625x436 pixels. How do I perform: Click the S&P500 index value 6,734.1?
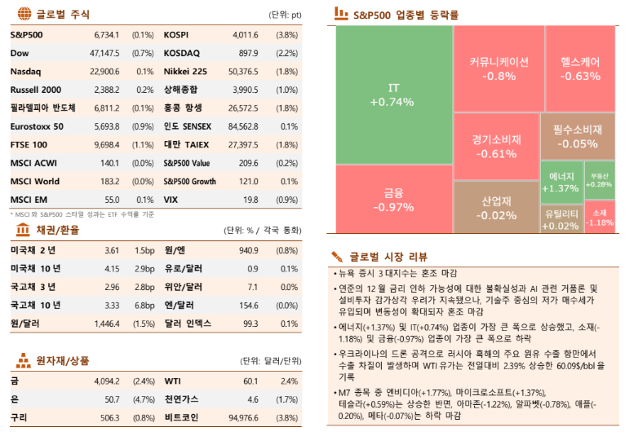pyautogui.click(x=106, y=35)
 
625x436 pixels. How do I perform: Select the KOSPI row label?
pyautogui.click(x=176, y=35)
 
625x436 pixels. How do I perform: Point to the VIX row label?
pyautogui.click(x=171, y=198)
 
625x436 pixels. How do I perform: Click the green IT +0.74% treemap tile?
pyautogui.click(x=392, y=95)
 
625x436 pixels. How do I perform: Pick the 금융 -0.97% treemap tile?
pyautogui.click(x=392, y=200)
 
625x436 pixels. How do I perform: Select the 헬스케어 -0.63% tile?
pyautogui.click(x=580, y=68)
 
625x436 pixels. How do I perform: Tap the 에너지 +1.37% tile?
pyautogui.click(x=560, y=182)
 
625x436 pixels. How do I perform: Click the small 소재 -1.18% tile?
pyautogui.click(x=600, y=218)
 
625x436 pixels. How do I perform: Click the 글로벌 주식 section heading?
pyautogui.click(x=64, y=14)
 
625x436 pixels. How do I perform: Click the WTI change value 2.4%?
pyautogui.click(x=289, y=381)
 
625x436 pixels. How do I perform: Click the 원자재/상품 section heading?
pyautogui.click(x=63, y=360)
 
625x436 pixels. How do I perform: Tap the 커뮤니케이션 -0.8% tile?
pyautogui.click(x=499, y=68)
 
